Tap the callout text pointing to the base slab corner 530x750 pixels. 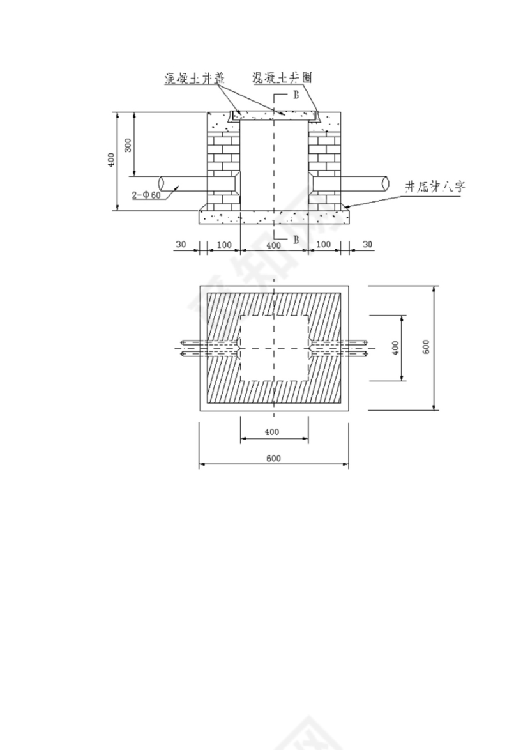click(x=437, y=187)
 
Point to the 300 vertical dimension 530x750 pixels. click(x=128, y=145)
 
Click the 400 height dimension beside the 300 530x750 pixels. click(x=111, y=160)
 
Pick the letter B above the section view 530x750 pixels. click(x=296, y=95)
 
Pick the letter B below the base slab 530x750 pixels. click(x=296, y=239)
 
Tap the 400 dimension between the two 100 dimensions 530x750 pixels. click(x=273, y=245)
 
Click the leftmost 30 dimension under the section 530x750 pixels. click(x=181, y=245)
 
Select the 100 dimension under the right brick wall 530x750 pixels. click(x=324, y=245)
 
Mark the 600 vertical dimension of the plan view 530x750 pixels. click(x=427, y=346)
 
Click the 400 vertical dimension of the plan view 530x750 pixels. click(x=396, y=348)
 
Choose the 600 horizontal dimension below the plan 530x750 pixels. click(x=273, y=458)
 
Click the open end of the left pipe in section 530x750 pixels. click(x=162, y=183)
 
